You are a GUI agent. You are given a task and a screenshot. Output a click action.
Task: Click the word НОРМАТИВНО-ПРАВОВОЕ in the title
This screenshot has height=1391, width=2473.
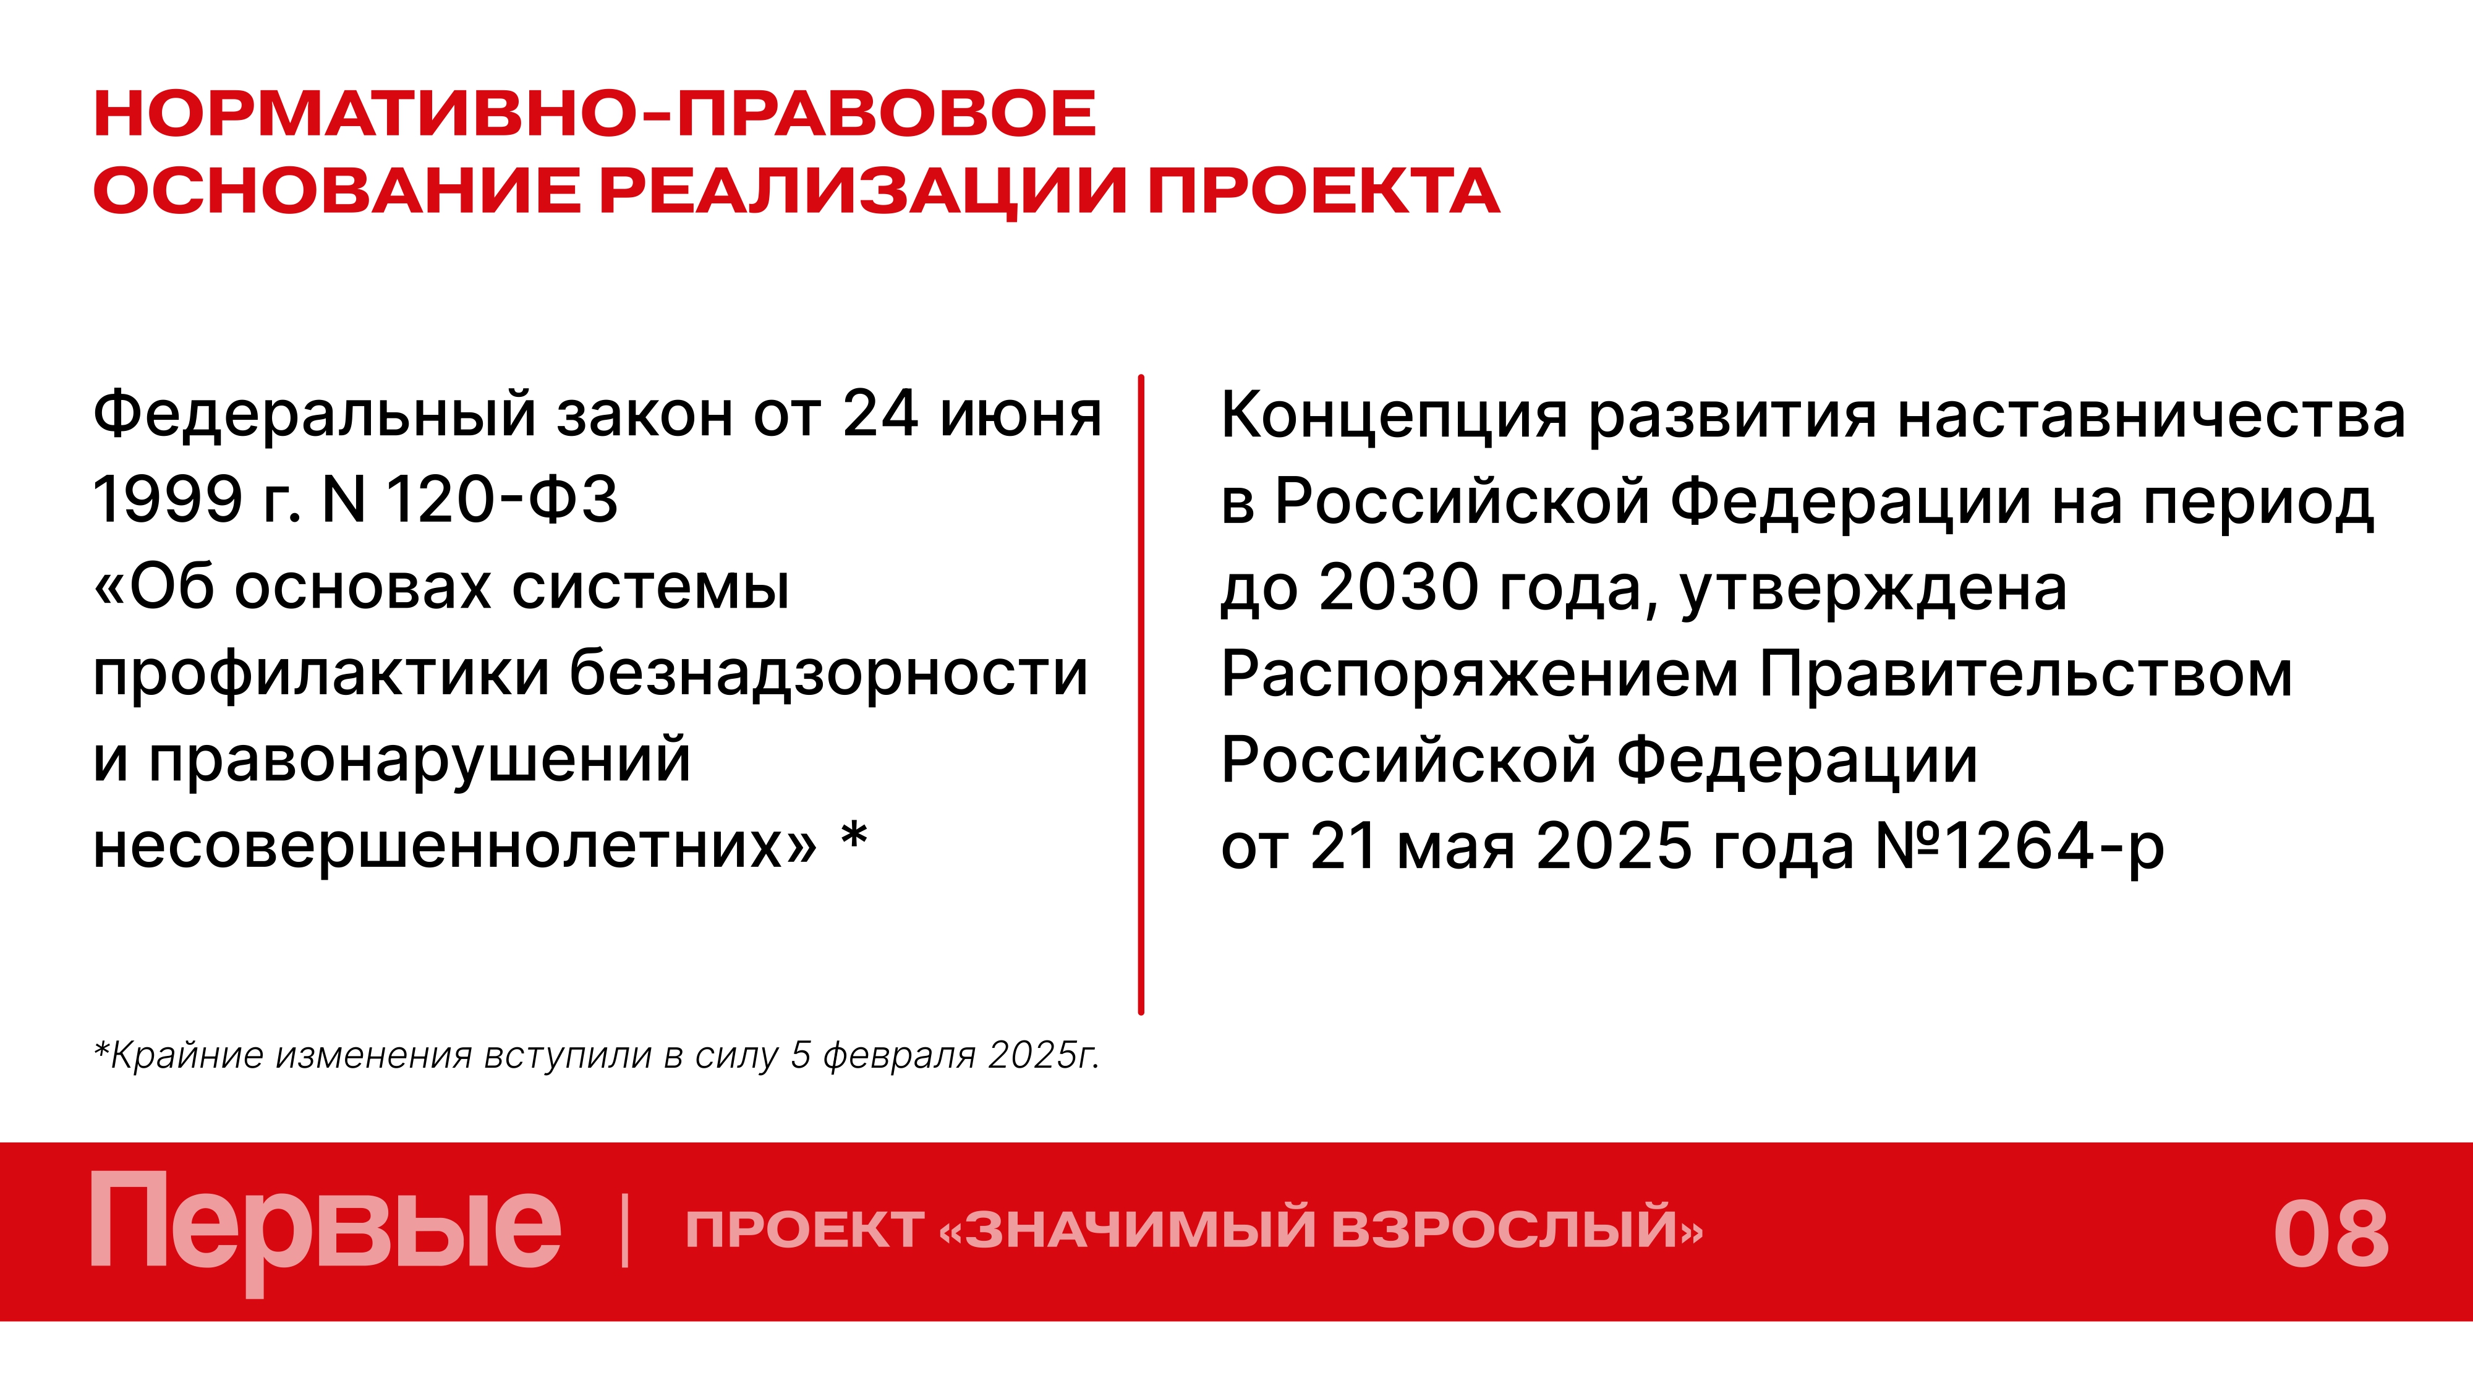pos(594,113)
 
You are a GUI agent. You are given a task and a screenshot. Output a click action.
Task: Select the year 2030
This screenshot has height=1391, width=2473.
pos(1398,587)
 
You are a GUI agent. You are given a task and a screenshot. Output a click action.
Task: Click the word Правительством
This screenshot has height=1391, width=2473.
pos(2025,673)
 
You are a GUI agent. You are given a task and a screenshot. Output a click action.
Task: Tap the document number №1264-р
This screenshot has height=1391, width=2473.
pos(2019,847)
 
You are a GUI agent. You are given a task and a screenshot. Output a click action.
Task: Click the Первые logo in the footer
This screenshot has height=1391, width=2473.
pos(325,1229)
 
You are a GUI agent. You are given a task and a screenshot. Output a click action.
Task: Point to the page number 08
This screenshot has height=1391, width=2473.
pos(2330,1235)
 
